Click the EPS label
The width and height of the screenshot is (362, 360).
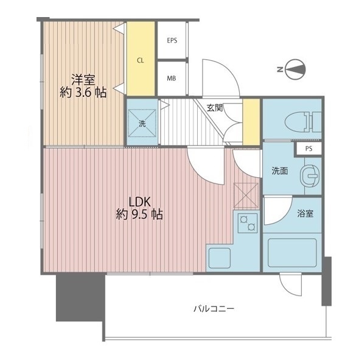pos(172,40)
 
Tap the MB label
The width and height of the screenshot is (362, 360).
pos(172,79)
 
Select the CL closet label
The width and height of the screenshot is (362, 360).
pos(141,60)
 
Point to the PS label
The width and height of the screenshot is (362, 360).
pos(308,149)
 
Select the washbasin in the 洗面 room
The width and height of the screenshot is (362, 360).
pos(310,175)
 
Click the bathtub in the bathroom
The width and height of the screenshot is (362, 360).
pos(292,253)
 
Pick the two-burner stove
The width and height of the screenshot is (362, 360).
pos(248,223)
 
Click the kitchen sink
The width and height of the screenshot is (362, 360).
pos(219,258)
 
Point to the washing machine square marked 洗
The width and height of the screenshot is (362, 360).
pos(142,123)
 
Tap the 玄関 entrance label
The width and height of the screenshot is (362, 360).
pos(215,108)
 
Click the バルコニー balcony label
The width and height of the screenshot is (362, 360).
pos(214,309)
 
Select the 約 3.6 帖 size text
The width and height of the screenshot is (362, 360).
pos(83,93)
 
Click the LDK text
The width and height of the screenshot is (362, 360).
pos(140,202)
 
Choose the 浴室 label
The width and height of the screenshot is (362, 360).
pos(305,213)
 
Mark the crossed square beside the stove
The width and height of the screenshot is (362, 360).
pos(246,196)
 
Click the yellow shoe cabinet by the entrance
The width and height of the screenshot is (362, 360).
pos(251,122)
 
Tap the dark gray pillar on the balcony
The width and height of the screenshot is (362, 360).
pos(80,298)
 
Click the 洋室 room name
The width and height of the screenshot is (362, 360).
pos(83,79)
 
